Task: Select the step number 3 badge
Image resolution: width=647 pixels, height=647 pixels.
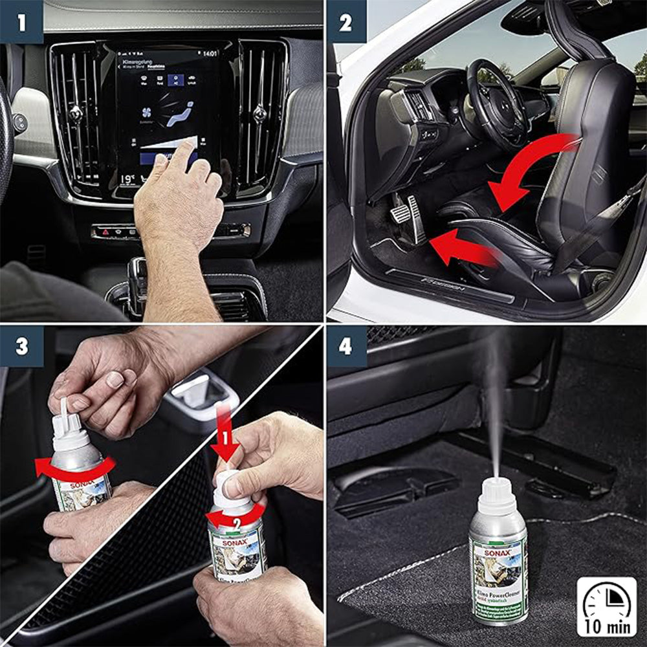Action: pyautogui.click(x=21, y=346)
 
